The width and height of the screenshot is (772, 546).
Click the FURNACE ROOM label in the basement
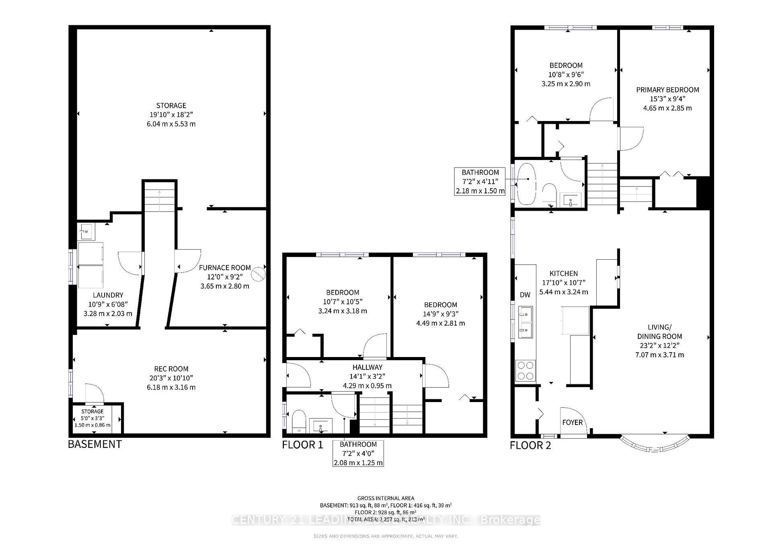[225, 267]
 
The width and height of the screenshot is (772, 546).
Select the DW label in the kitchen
[525, 295]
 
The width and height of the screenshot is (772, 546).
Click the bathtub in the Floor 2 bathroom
[527, 183]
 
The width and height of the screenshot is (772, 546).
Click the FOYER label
[572, 423]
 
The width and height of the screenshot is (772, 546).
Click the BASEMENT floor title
[95, 444]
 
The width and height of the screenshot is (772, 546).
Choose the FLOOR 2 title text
[530, 445]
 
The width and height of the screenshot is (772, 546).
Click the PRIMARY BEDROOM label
[667, 90]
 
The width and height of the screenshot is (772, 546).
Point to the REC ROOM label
[171, 369]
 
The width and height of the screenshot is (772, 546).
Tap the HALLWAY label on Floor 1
[367, 367]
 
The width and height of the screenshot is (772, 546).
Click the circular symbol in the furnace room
[259, 275]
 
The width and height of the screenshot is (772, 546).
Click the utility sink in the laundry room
[86, 232]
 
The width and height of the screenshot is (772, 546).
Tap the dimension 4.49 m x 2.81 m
[440, 323]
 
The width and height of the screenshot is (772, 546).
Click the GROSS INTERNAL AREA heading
[386, 498]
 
